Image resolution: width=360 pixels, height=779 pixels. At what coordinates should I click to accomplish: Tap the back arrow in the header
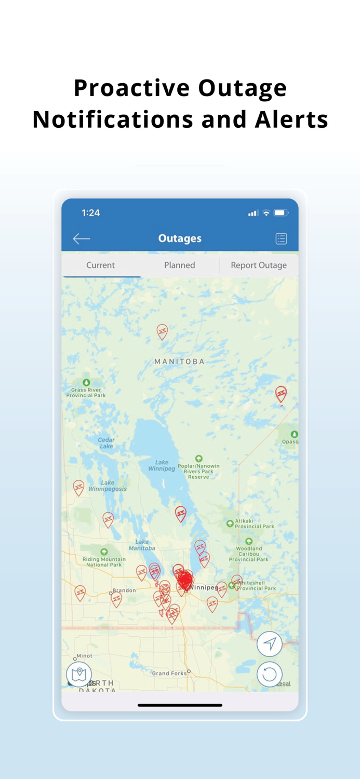[x=82, y=238]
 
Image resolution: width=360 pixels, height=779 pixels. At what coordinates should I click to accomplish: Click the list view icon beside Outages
[x=281, y=238]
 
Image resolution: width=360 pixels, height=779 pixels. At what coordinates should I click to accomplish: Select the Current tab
[x=100, y=265]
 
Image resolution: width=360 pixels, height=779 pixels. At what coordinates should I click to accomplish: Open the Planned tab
[x=180, y=265]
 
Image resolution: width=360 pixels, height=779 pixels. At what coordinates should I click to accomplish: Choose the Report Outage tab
[x=259, y=265]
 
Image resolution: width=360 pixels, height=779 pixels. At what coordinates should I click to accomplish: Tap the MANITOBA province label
[x=179, y=361]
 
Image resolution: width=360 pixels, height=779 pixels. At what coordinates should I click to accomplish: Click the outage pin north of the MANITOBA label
[x=163, y=331]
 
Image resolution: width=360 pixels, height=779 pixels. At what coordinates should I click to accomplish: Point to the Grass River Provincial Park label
[x=86, y=392]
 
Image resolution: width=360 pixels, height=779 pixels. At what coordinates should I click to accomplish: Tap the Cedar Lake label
[x=106, y=443]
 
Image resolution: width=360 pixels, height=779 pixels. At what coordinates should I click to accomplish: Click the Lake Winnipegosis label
[x=108, y=486]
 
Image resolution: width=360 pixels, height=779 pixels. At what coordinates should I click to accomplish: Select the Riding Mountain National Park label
[x=104, y=561]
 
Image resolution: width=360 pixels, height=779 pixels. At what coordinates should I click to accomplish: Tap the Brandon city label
[x=124, y=590]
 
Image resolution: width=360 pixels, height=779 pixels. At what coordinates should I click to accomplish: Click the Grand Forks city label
[x=169, y=673]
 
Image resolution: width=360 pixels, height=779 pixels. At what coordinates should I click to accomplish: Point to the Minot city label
[x=84, y=656]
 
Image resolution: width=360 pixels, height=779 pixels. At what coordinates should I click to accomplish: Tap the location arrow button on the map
[x=270, y=644]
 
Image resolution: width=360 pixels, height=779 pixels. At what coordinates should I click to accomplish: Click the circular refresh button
[x=270, y=674]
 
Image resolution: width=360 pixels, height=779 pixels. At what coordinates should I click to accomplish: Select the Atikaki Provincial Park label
[x=254, y=523]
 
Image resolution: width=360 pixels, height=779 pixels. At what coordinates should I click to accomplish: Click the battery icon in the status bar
[x=281, y=213]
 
